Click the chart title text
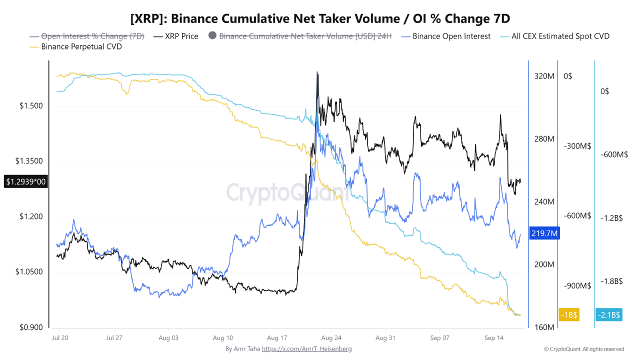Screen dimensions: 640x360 [320, 18]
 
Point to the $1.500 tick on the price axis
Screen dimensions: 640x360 [31, 106]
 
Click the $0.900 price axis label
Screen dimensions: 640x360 [31, 327]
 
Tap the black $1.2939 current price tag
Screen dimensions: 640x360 [25, 181]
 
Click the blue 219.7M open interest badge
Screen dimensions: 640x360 [544, 233]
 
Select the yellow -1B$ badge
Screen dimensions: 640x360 [569, 315]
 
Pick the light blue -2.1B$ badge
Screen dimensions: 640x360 [609, 315]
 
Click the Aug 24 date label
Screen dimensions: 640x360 [331, 338]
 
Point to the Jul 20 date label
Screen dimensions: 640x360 [60, 338]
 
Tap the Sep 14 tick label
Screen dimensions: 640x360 [493, 338]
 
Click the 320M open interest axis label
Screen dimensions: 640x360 [544, 76]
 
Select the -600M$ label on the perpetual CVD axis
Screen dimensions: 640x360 [577, 215]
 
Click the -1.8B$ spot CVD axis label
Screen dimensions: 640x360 [611, 281]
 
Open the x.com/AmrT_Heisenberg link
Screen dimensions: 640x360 [307, 349]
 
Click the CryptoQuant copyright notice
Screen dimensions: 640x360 [584, 349]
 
